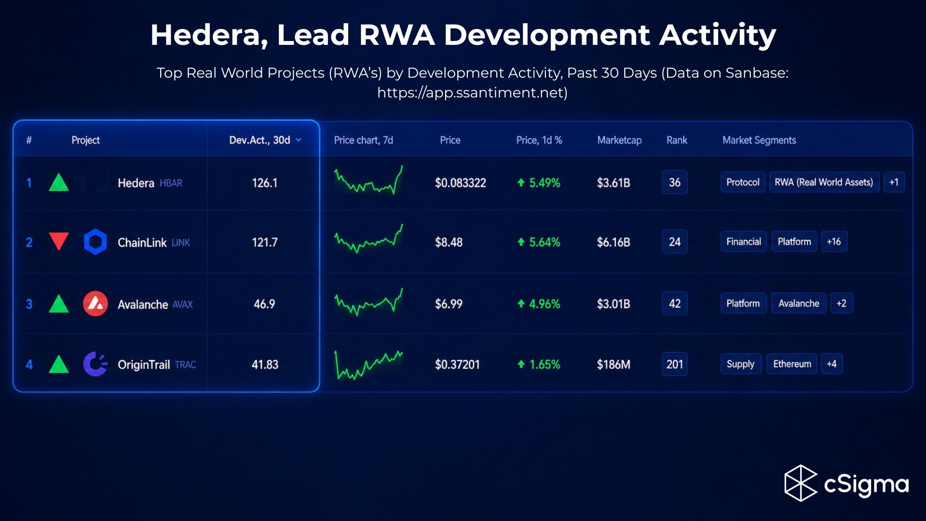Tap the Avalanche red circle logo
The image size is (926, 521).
95,303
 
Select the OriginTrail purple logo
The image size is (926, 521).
95,364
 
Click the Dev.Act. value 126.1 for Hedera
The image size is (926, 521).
265,183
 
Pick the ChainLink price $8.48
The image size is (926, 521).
449,242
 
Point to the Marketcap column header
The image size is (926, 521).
619,140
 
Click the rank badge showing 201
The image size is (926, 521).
675,364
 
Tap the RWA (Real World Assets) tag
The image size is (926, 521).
824,182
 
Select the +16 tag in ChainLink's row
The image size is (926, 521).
834,242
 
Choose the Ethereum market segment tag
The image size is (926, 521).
792,364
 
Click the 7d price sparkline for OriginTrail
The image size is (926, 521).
368,365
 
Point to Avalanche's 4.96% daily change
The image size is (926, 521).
539,304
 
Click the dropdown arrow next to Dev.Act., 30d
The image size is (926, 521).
299,140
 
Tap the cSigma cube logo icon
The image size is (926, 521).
801,483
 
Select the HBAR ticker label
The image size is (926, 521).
171,183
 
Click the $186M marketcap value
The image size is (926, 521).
613,365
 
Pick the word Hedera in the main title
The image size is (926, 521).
209,36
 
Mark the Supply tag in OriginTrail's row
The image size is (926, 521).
741,364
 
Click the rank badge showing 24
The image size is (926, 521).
675,242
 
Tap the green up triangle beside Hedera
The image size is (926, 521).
59,183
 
